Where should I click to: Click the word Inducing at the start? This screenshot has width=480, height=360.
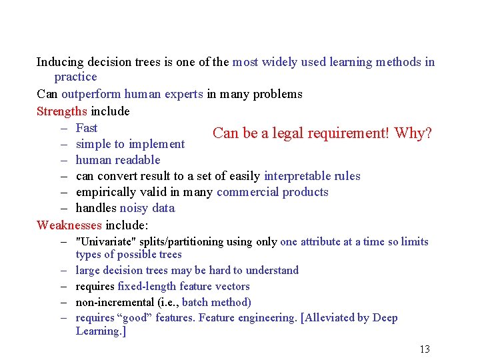coord(59,62)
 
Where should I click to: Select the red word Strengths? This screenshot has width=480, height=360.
coord(62,111)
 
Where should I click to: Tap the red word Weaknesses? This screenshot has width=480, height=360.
coord(69,225)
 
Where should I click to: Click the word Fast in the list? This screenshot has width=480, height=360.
coord(87,128)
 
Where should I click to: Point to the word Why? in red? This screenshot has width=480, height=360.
coord(413,133)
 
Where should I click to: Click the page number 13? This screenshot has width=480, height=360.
coord(424,349)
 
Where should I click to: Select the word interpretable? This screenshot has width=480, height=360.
coord(295,176)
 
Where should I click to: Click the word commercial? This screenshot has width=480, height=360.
coord(245,192)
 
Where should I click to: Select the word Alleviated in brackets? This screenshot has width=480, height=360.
coord(331,318)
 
